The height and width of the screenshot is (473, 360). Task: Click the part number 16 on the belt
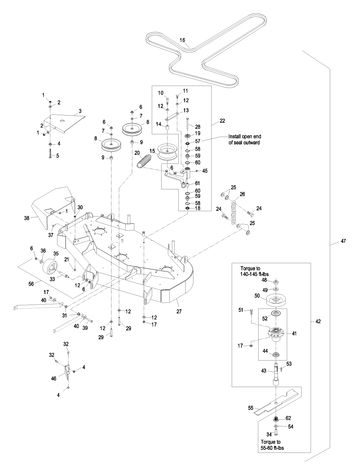pyautogui.click(x=182, y=40)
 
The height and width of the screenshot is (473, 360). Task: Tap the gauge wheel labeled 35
pyautogui.click(x=50, y=266)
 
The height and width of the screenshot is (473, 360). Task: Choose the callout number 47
pyautogui.click(x=343, y=241)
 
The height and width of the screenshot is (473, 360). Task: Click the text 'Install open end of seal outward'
pyautogui.click(x=245, y=139)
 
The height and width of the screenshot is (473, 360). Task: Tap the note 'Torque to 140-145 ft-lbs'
pyautogui.click(x=254, y=271)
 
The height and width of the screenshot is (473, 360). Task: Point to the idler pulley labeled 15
pyautogui.click(x=167, y=152)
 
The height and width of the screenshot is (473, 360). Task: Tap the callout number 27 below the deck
pyautogui.click(x=179, y=311)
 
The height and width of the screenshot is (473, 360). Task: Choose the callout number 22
pyautogui.click(x=222, y=121)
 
